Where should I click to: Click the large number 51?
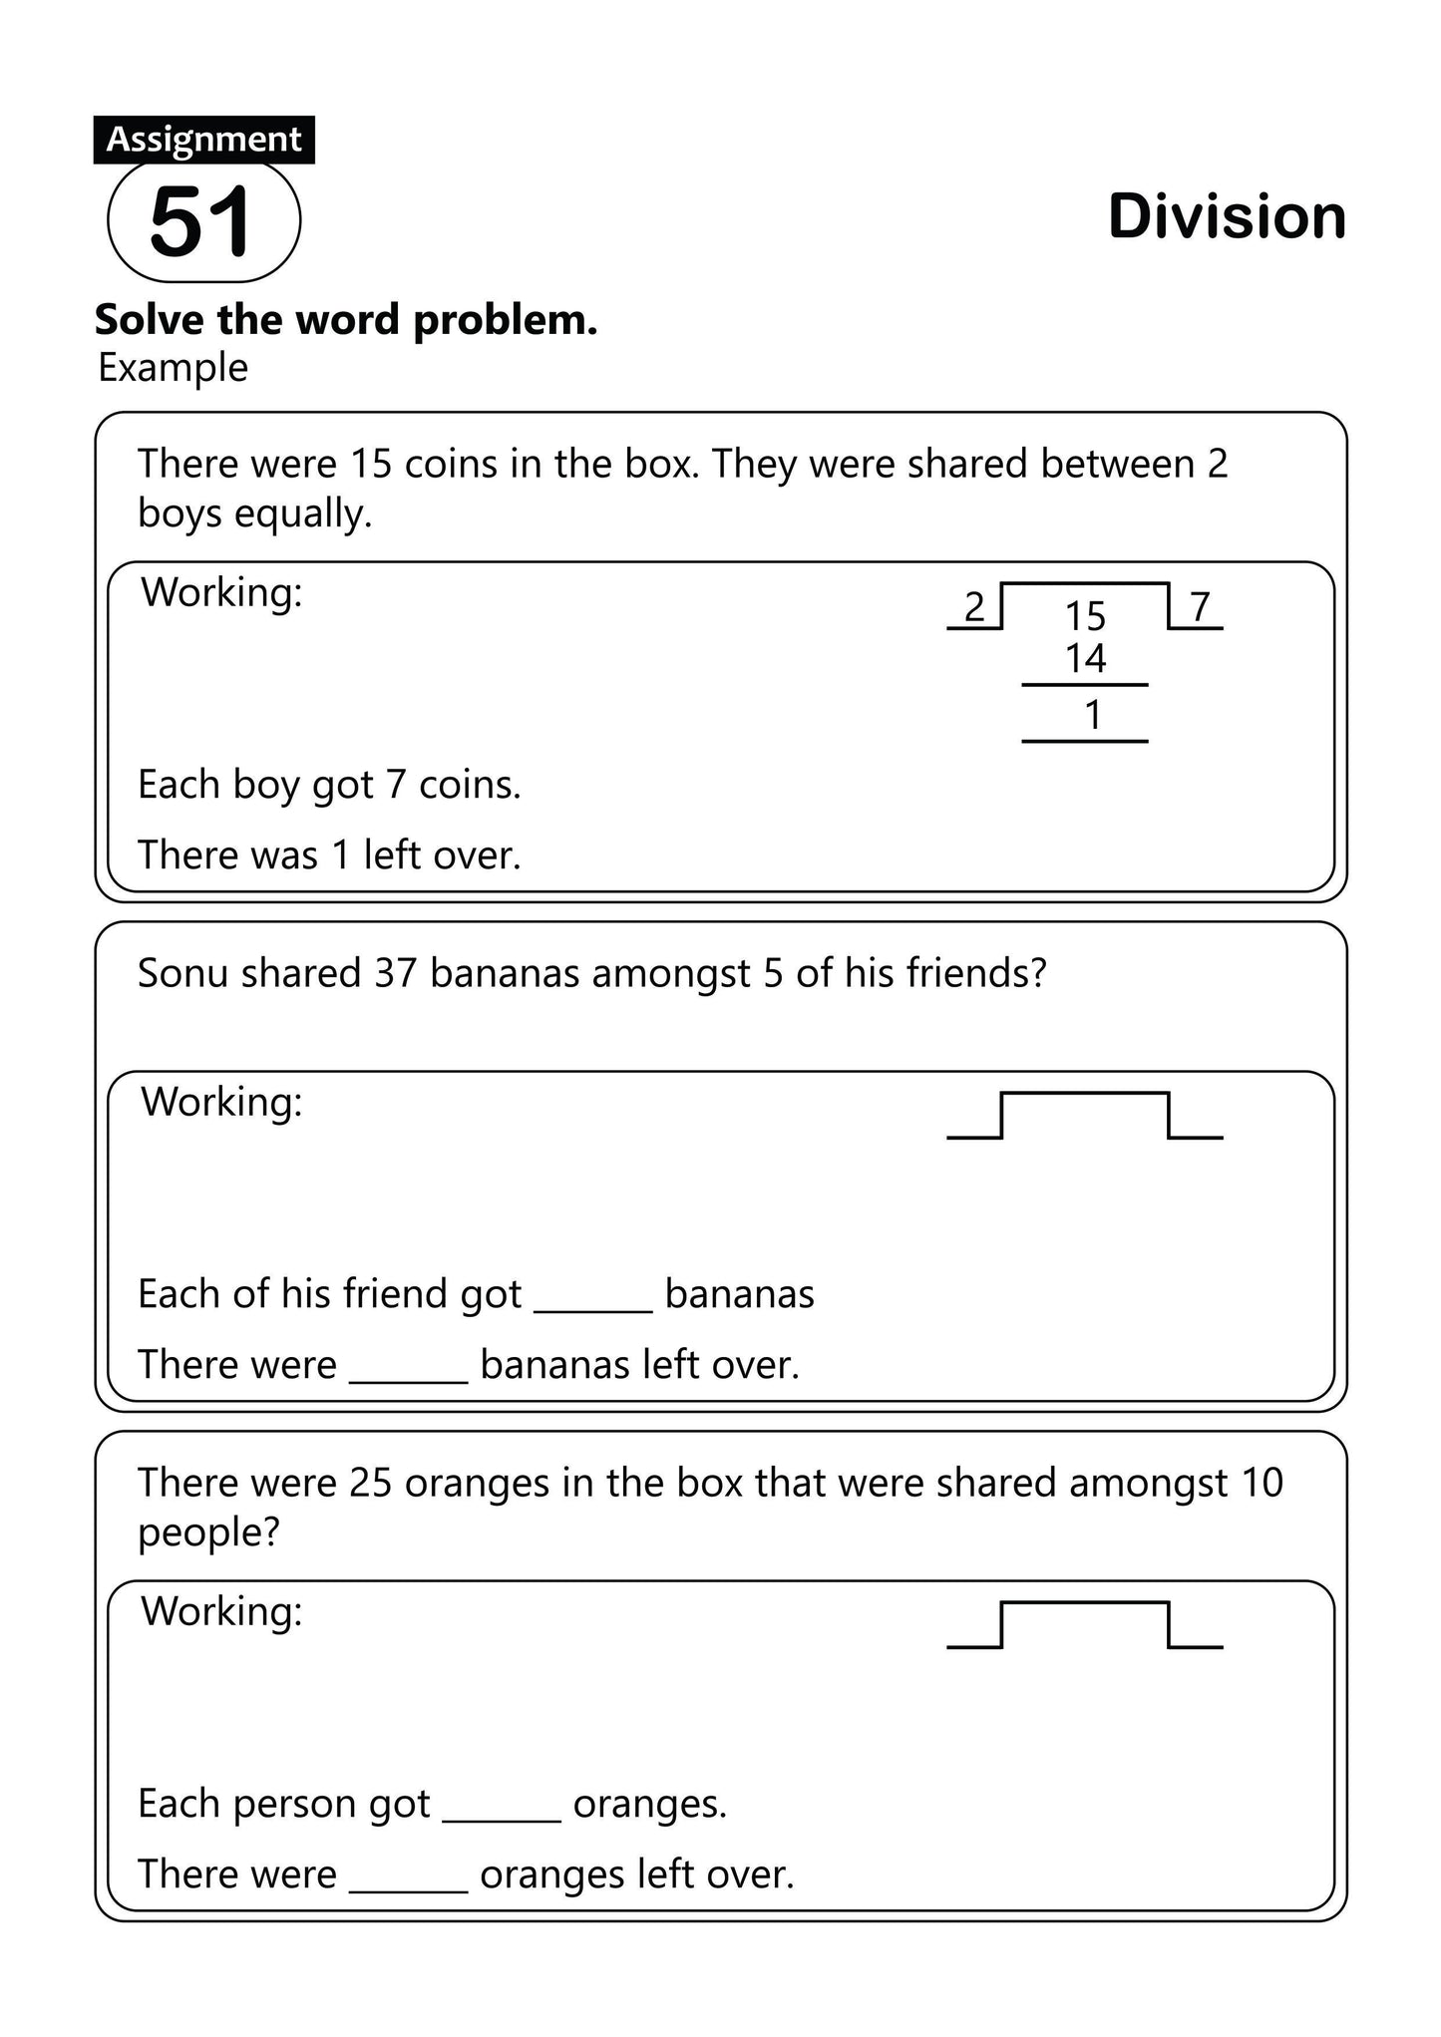click(201, 221)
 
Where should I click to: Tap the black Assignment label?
click(203, 140)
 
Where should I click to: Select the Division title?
click(1227, 216)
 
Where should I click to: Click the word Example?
click(173, 368)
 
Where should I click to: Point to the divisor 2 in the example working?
click(974, 606)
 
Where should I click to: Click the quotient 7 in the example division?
click(1200, 605)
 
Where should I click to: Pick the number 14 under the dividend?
click(1085, 658)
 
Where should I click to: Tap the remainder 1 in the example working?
click(1093, 715)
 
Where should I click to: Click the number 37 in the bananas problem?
click(395, 973)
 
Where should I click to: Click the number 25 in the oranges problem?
click(370, 1483)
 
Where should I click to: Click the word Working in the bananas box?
click(221, 1102)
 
